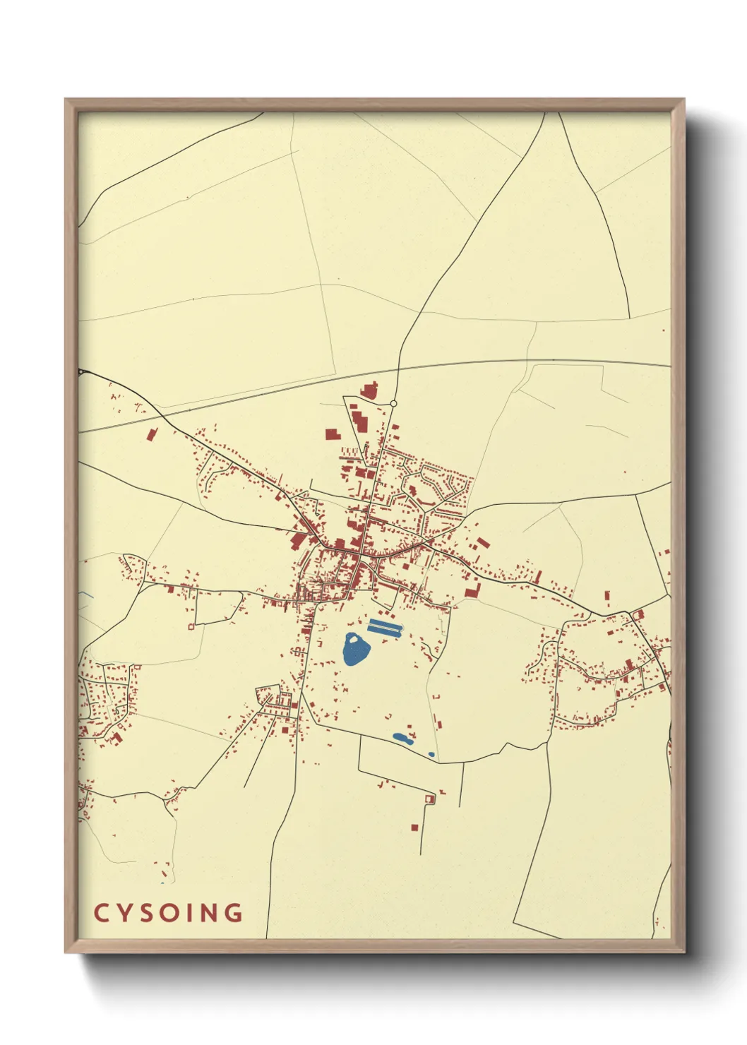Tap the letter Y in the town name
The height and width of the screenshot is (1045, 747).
[x=124, y=913]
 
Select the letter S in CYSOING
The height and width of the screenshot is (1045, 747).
[x=146, y=913]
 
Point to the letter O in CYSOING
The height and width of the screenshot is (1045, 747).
[x=170, y=913]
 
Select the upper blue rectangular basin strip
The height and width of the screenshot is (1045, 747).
[x=384, y=622]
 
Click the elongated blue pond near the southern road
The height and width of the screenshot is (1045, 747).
[x=402, y=738]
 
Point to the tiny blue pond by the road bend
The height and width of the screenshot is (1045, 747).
[x=431, y=754]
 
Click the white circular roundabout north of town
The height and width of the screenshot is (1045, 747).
[x=393, y=404]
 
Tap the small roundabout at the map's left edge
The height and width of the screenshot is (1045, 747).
[x=81, y=371]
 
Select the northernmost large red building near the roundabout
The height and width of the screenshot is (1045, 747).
[x=369, y=390]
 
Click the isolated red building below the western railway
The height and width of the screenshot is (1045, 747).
[x=151, y=434]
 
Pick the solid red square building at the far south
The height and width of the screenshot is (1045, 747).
[x=414, y=827]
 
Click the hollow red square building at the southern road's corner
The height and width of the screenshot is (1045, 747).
[x=429, y=799]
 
